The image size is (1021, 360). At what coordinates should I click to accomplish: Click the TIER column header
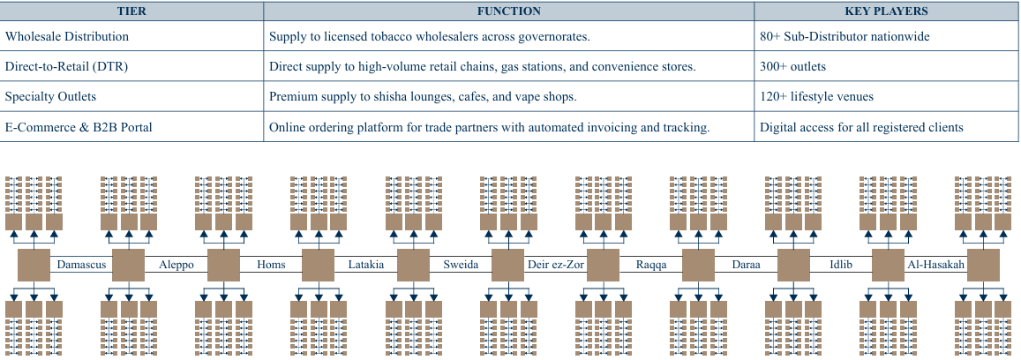132,11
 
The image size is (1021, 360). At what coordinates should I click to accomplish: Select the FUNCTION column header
509,11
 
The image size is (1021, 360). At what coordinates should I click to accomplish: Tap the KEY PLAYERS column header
886,11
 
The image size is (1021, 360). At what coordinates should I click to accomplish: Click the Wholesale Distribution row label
67,37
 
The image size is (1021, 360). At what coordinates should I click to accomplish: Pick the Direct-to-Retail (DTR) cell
64,67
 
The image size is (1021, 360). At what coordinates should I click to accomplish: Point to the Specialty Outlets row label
50,97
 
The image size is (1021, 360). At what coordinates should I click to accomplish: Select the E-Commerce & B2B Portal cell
79,127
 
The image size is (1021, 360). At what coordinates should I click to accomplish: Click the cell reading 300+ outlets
792,67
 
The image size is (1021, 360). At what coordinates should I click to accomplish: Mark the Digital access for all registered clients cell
861,127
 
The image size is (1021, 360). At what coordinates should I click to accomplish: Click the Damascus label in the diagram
81,265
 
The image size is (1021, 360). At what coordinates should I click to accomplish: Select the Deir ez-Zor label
556,265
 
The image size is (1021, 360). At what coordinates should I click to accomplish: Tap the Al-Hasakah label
935,265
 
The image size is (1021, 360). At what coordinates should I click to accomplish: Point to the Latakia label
366,265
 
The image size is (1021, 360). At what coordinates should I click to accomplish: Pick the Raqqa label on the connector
651,265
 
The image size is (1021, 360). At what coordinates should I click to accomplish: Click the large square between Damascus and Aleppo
128,265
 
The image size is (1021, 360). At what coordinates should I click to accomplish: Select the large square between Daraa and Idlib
792,265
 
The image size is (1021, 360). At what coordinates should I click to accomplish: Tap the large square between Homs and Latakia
318,265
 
